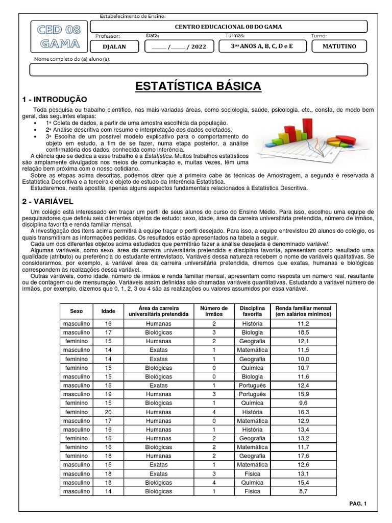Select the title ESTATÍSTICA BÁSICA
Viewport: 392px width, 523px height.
198,86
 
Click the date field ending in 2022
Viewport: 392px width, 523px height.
179,46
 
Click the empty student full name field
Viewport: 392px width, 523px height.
198,69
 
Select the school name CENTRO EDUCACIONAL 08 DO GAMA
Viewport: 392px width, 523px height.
228,27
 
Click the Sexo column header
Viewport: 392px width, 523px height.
76,311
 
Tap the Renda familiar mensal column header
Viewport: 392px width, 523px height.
303,311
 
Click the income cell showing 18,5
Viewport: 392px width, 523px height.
303,332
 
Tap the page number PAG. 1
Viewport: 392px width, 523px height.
358,504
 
